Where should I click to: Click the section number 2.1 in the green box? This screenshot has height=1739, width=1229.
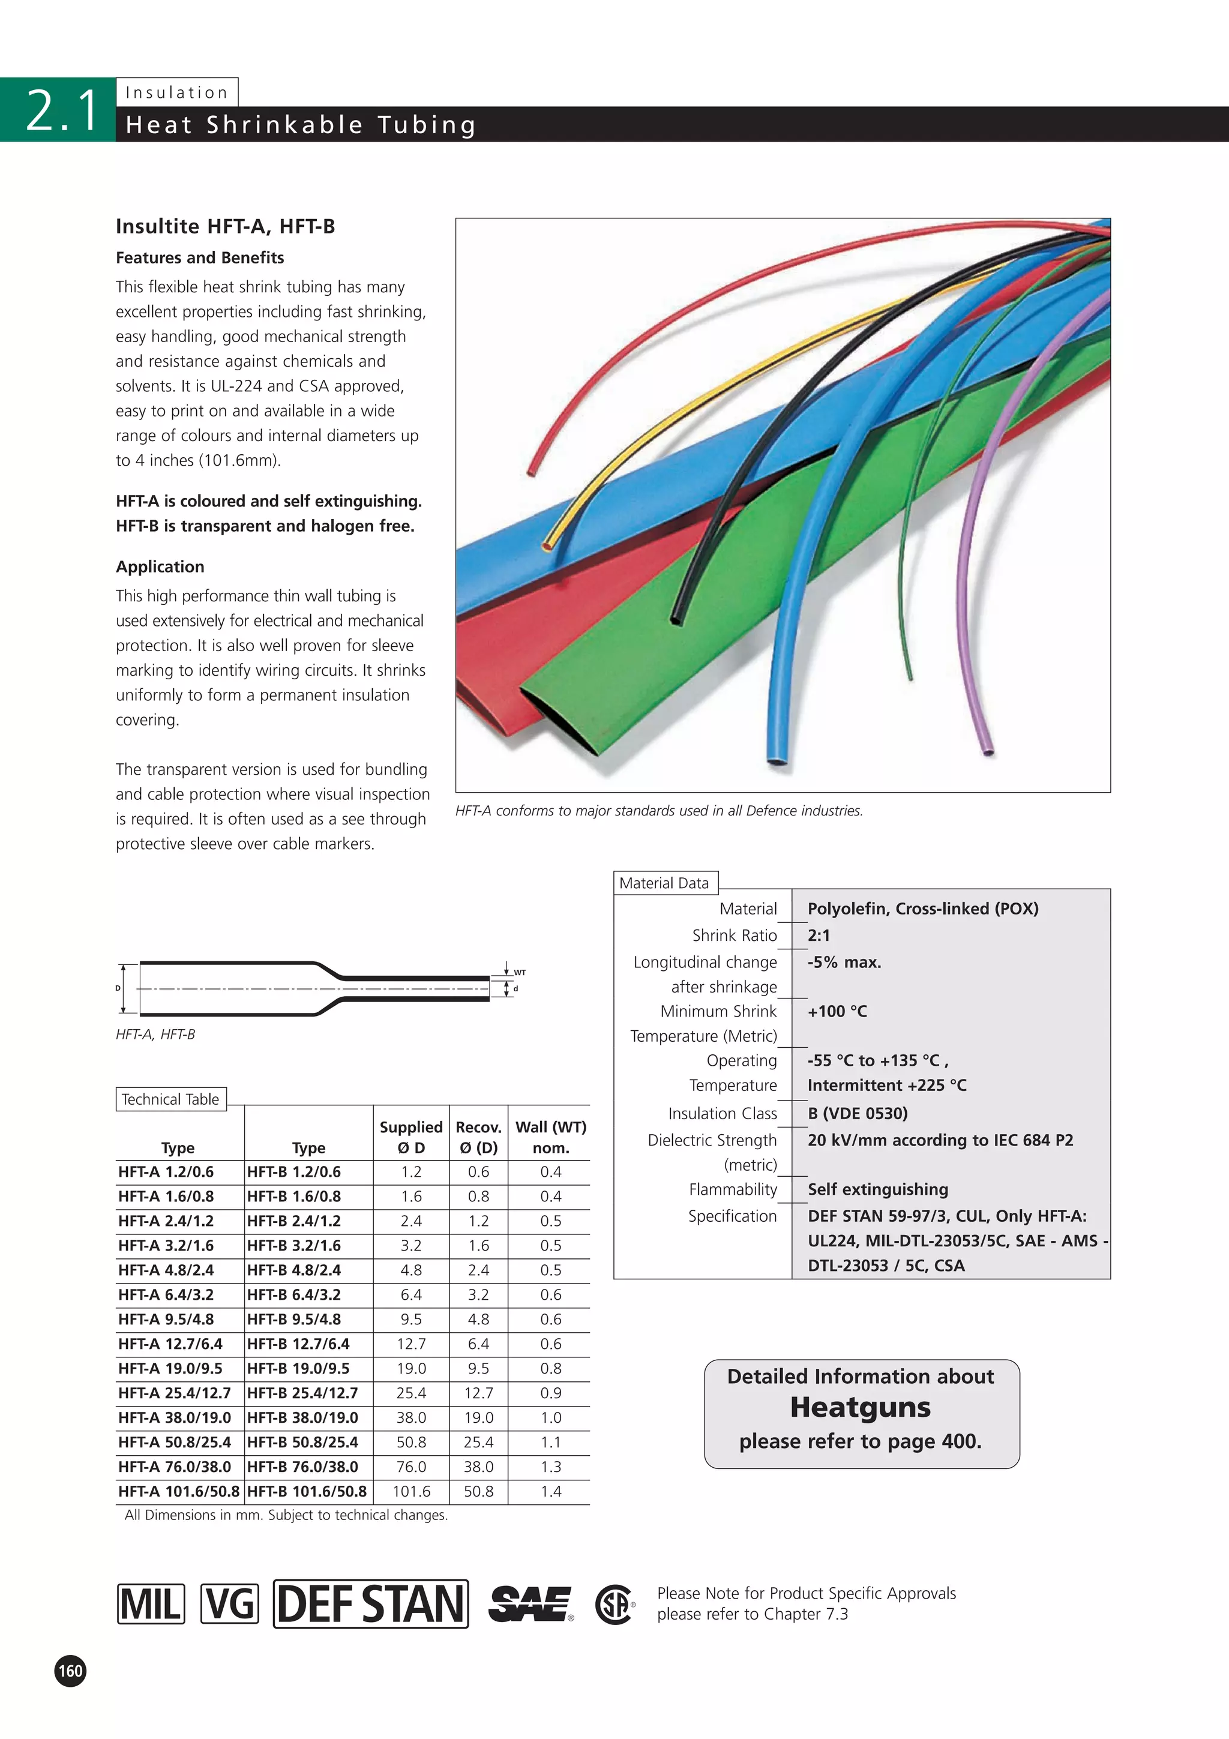[x=62, y=110]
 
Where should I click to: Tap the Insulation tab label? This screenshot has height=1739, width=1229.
[x=176, y=92]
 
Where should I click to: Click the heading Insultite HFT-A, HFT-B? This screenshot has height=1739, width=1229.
[x=225, y=226]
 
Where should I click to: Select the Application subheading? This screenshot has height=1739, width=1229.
[x=160, y=566]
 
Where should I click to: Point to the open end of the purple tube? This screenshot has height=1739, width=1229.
[x=987, y=751]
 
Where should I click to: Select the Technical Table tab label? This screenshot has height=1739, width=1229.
[x=170, y=1099]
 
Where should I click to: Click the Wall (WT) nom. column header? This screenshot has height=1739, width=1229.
[x=550, y=1137]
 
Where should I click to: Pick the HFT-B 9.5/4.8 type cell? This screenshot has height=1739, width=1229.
[x=294, y=1320]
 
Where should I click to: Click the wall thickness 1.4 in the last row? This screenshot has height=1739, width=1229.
[x=550, y=1491]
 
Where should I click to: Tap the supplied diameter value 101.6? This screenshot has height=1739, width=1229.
[x=411, y=1491]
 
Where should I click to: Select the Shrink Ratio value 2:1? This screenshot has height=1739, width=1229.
[x=819, y=936]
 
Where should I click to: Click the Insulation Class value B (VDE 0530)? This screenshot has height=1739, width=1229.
[x=857, y=1113]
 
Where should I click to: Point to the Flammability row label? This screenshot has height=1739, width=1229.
[x=732, y=1189]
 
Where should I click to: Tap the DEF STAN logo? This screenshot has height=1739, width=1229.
[x=370, y=1603]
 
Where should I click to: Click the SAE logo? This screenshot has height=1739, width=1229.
[x=530, y=1603]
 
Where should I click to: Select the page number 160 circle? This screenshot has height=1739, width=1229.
[x=70, y=1671]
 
